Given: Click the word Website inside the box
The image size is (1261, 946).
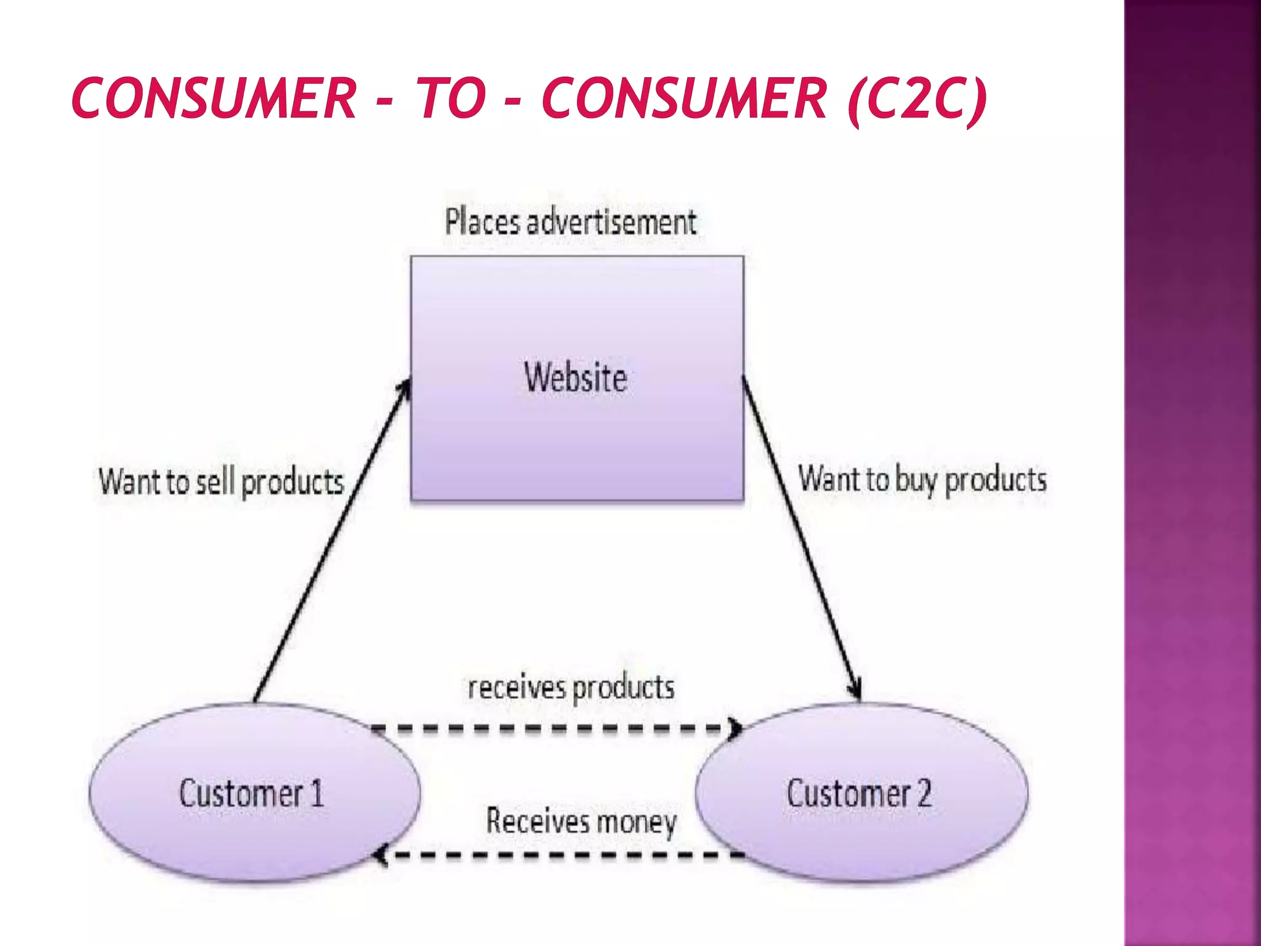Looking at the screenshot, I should [576, 378].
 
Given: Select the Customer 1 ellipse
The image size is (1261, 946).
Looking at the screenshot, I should [254, 793].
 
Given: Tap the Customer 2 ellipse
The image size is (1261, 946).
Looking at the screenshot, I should [861, 793].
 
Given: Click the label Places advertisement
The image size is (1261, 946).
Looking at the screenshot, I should [571, 222].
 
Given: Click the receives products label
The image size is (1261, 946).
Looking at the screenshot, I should [571, 688].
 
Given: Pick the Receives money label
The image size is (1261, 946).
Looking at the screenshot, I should [581, 822].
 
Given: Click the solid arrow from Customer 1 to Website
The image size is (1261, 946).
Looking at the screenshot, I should [332, 542].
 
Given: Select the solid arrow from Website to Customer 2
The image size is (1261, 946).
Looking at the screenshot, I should [800, 536].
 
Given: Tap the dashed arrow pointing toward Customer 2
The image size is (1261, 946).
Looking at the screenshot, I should [554, 729].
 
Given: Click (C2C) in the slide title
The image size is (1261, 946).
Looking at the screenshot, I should [917, 99].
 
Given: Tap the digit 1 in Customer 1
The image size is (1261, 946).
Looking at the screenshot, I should [316, 793].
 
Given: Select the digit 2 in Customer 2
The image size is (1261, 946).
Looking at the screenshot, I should [924, 793].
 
